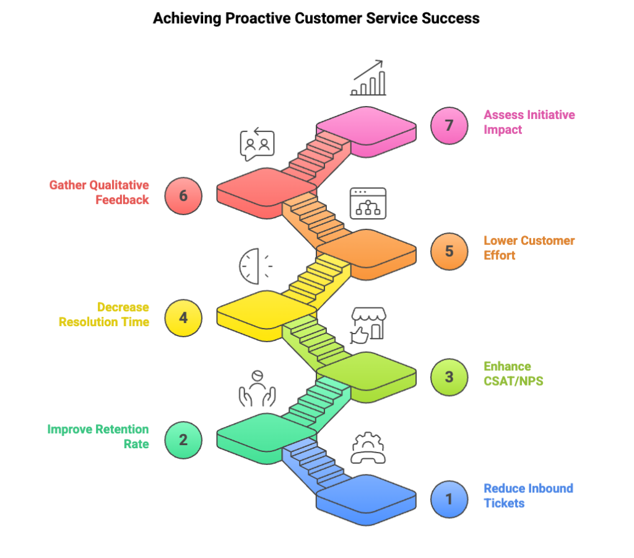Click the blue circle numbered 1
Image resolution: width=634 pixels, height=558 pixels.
point(449,498)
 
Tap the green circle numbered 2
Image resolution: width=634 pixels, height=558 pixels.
point(184,440)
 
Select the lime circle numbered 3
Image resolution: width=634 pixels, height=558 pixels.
point(449,376)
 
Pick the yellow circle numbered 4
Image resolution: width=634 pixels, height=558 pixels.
point(184,317)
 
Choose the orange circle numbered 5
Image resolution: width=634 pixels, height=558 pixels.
point(449,251)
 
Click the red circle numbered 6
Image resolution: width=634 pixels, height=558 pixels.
point(184,196)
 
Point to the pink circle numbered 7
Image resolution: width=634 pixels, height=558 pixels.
point(449,125)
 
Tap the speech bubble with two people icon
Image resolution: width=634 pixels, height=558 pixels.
point(257,145)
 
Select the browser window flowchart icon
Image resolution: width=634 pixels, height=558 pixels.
point(368,203)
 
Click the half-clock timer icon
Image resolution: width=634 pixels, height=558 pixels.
point(254,265)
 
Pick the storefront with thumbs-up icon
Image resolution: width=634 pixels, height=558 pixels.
point(368,325)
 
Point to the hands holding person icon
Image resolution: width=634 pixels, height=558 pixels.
point(257,388)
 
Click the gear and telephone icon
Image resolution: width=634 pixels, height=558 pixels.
point(368,448)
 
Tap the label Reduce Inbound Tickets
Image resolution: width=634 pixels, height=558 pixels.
point(528,495)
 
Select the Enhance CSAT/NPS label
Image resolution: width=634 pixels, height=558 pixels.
point(513,373)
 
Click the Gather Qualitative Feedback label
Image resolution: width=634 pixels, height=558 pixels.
point(100,192)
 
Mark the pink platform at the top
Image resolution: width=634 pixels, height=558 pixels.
point(365,126)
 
